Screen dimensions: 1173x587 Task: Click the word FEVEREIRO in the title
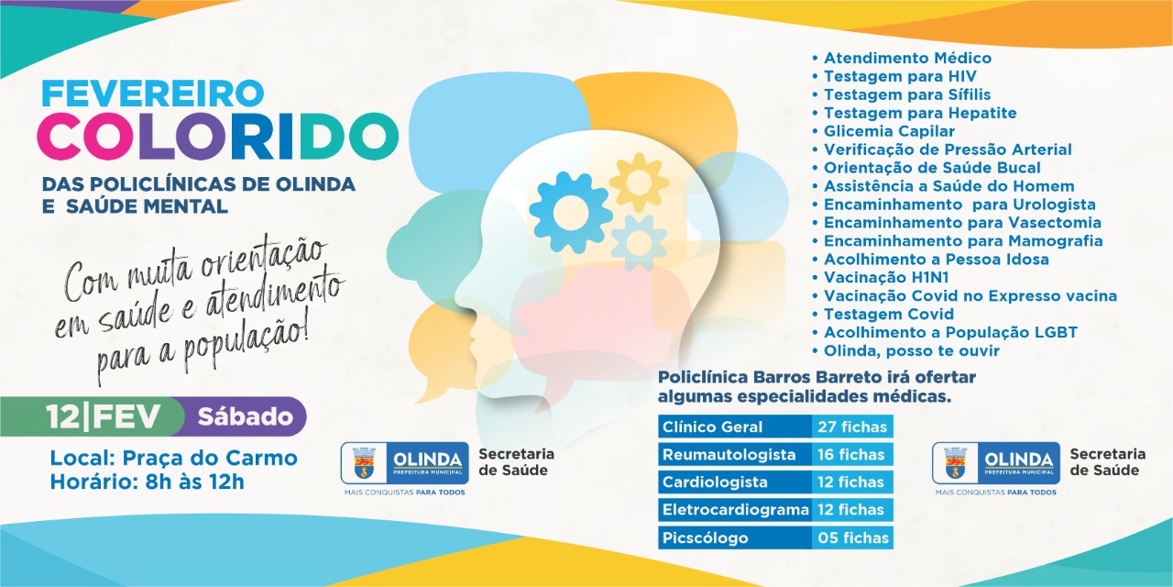(152, 93)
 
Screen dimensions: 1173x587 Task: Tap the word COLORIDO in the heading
(218, 137)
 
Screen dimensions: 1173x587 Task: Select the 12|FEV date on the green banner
(103, 417)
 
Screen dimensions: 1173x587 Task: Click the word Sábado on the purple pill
(245, 416)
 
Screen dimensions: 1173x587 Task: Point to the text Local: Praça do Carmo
(173, 458)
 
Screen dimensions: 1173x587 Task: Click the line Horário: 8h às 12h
(148, 482)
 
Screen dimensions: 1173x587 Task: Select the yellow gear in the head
(639, 182)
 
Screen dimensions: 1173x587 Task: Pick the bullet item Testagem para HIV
(894, 76)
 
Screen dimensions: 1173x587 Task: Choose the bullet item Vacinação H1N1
(881, 277)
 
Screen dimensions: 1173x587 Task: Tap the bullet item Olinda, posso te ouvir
(906, 350)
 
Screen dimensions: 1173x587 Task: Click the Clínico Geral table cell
(735, 426)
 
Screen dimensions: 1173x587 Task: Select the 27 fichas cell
(852, 426)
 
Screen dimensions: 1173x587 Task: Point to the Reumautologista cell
(735, 454)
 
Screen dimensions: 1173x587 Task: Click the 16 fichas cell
(852, 454)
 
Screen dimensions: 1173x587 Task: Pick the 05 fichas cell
(852, 537)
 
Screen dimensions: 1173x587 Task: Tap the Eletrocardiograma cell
(735, 509)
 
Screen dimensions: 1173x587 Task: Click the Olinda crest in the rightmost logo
(955, 463)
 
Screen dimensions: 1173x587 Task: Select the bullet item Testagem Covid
(882, 314)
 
